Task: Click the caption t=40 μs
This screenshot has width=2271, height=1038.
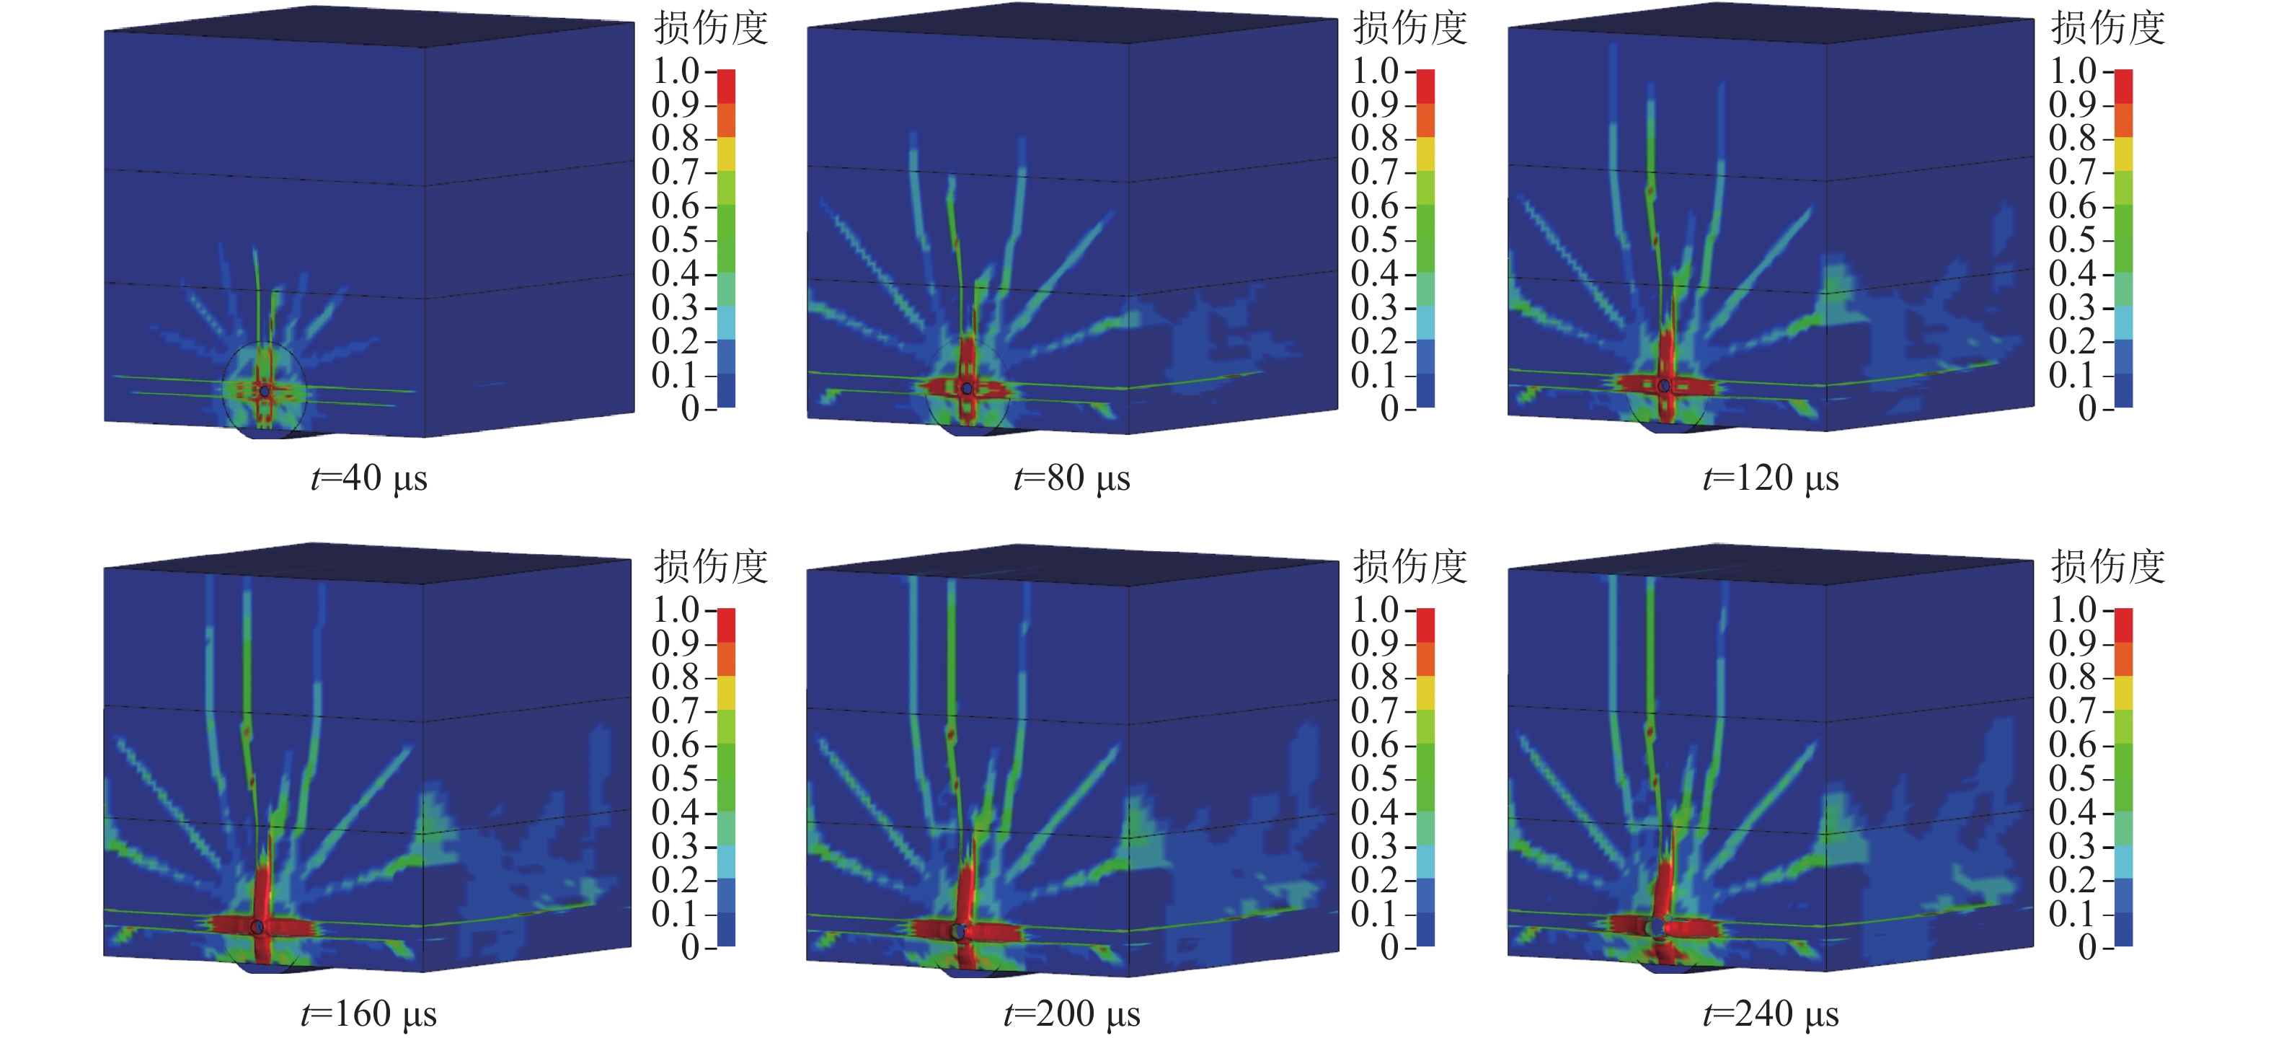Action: pos(369,479)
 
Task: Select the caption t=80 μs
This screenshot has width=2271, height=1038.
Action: pos(1072,479)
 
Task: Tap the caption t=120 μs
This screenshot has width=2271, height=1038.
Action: pos(1770,479)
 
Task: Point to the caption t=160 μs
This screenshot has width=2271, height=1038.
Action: pos(369,1014)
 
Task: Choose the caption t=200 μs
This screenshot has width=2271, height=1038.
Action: pos(1072,1014)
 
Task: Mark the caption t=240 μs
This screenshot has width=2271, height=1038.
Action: pos(1770,1014)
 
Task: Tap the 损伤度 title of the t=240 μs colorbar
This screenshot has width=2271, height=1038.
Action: pos(2107,566)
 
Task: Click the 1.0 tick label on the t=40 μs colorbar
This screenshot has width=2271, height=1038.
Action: pos(676,71)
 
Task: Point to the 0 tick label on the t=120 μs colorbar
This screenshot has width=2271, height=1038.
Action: pos(2086,408)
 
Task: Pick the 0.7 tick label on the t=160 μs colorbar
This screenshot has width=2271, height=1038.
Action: pos(676,711)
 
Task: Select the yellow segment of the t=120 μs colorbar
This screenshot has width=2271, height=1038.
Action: pos(2124,154)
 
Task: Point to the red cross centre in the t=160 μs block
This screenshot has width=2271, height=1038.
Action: pos(257,927)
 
